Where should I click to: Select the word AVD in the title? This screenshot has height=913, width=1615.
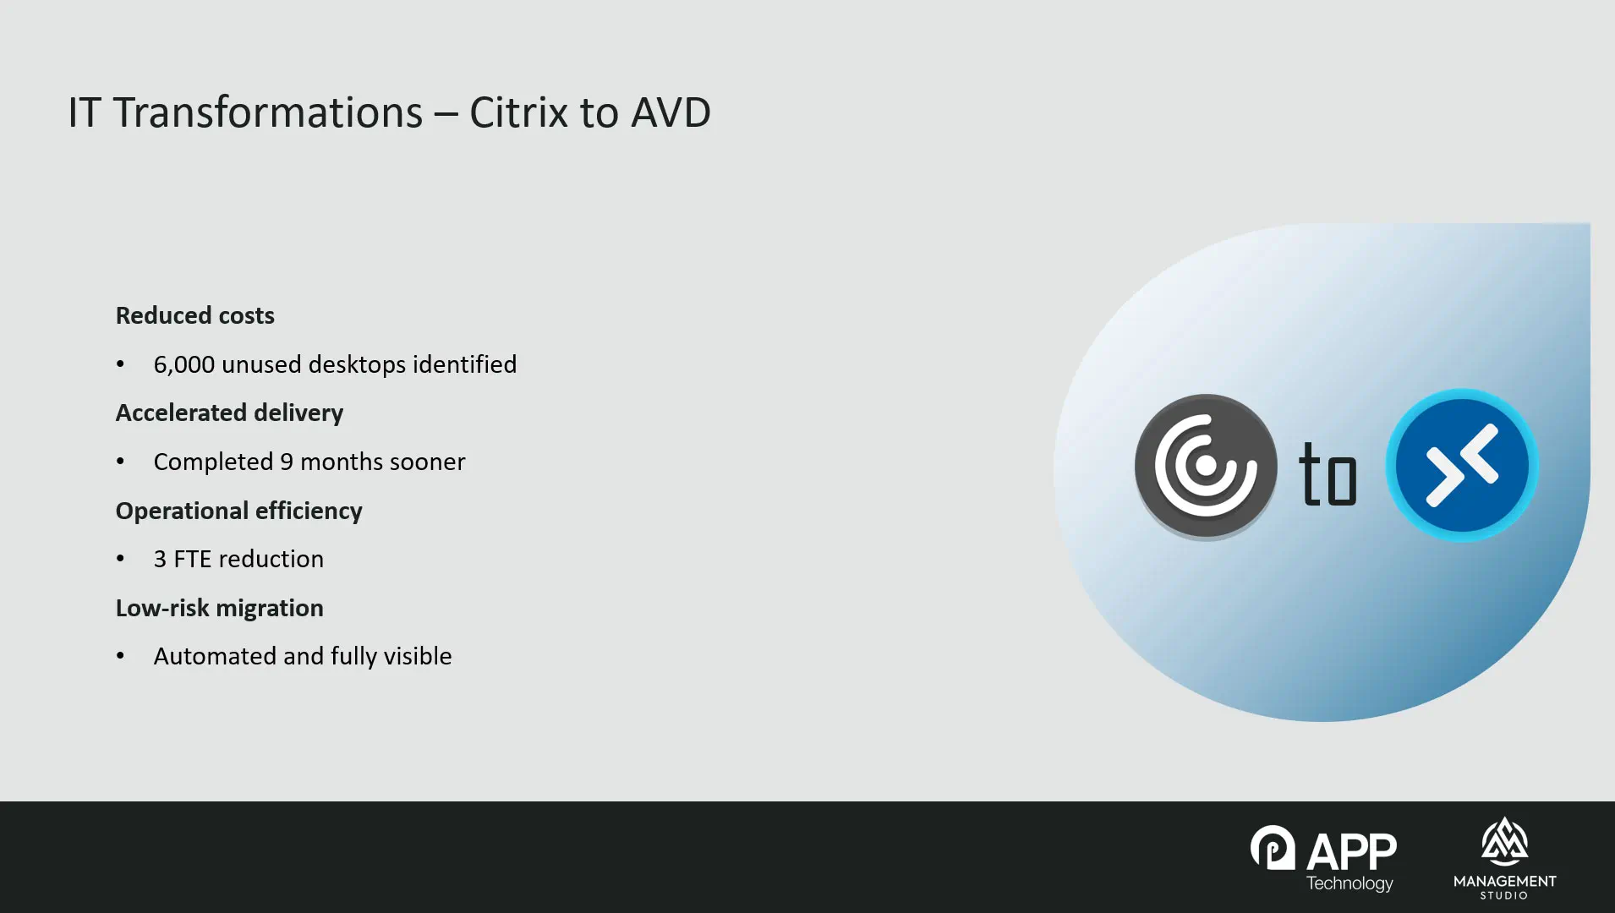point(671,112)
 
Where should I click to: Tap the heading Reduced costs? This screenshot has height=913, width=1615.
point(195,315)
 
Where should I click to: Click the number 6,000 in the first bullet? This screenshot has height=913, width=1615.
point(184,364)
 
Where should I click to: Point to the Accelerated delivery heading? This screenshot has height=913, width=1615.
point(230,413)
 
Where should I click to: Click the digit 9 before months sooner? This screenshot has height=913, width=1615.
point(287,462)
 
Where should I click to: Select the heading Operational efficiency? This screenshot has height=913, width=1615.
point(239,511)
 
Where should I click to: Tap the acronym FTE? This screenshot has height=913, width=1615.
point(193,559)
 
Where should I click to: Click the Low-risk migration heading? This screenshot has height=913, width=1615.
point(220,608)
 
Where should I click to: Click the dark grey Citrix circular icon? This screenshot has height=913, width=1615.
point(1206,466)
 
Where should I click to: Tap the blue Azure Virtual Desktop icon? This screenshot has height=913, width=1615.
point(1462,465)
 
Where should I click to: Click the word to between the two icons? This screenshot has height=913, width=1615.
point(1328,473)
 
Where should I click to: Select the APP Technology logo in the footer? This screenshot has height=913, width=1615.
point(1324,859)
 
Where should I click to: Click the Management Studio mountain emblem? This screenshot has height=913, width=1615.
point(1504,841)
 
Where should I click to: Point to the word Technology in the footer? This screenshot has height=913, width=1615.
point(1349,883)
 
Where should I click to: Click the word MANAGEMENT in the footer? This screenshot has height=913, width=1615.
point(1505,881)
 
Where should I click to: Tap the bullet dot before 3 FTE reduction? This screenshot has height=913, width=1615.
point(120,559)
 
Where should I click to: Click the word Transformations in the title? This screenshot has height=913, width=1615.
point(268,112)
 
